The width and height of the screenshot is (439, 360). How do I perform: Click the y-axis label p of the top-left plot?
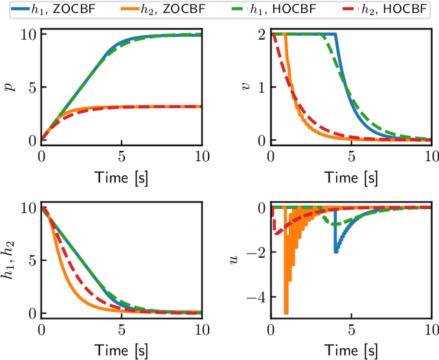9,87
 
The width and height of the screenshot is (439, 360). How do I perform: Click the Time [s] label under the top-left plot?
121,178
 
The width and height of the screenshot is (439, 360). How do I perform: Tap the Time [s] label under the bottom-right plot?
351,350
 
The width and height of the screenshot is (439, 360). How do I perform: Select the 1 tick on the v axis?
261,87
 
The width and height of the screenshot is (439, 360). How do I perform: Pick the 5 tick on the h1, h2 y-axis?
30,260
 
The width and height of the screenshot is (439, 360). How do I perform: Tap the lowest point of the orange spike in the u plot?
285,313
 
